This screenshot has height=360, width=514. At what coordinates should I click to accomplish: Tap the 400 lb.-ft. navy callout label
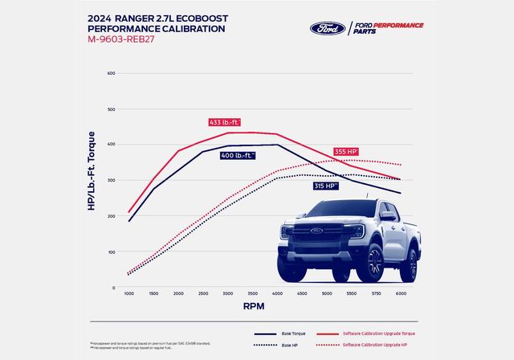[x=238, y=154]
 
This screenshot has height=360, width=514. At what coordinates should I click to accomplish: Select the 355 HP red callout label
[x=345, y=151]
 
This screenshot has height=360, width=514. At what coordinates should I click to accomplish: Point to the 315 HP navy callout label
[x=326, y=186]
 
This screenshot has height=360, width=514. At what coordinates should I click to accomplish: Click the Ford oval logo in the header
[x=327, y=28]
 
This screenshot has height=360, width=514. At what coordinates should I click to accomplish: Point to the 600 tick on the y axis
[x=111, y=73]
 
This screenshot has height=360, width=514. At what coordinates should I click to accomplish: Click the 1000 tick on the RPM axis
[x=129, y=294]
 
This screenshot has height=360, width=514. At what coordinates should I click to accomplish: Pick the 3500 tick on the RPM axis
[x=253, y=294]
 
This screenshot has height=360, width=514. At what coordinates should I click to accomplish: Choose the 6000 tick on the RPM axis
[x=399, y=294]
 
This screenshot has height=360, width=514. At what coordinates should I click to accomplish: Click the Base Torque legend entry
[x=281, y=333]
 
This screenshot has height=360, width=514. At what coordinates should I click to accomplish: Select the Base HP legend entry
[x=281, y=345]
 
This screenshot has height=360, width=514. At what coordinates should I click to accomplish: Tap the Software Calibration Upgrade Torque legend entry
[x=377, y=333]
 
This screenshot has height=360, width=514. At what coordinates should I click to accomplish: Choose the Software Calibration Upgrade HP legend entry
[x=374, y=345]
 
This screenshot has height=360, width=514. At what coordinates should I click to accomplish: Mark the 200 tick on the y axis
[x=111, y=216]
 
